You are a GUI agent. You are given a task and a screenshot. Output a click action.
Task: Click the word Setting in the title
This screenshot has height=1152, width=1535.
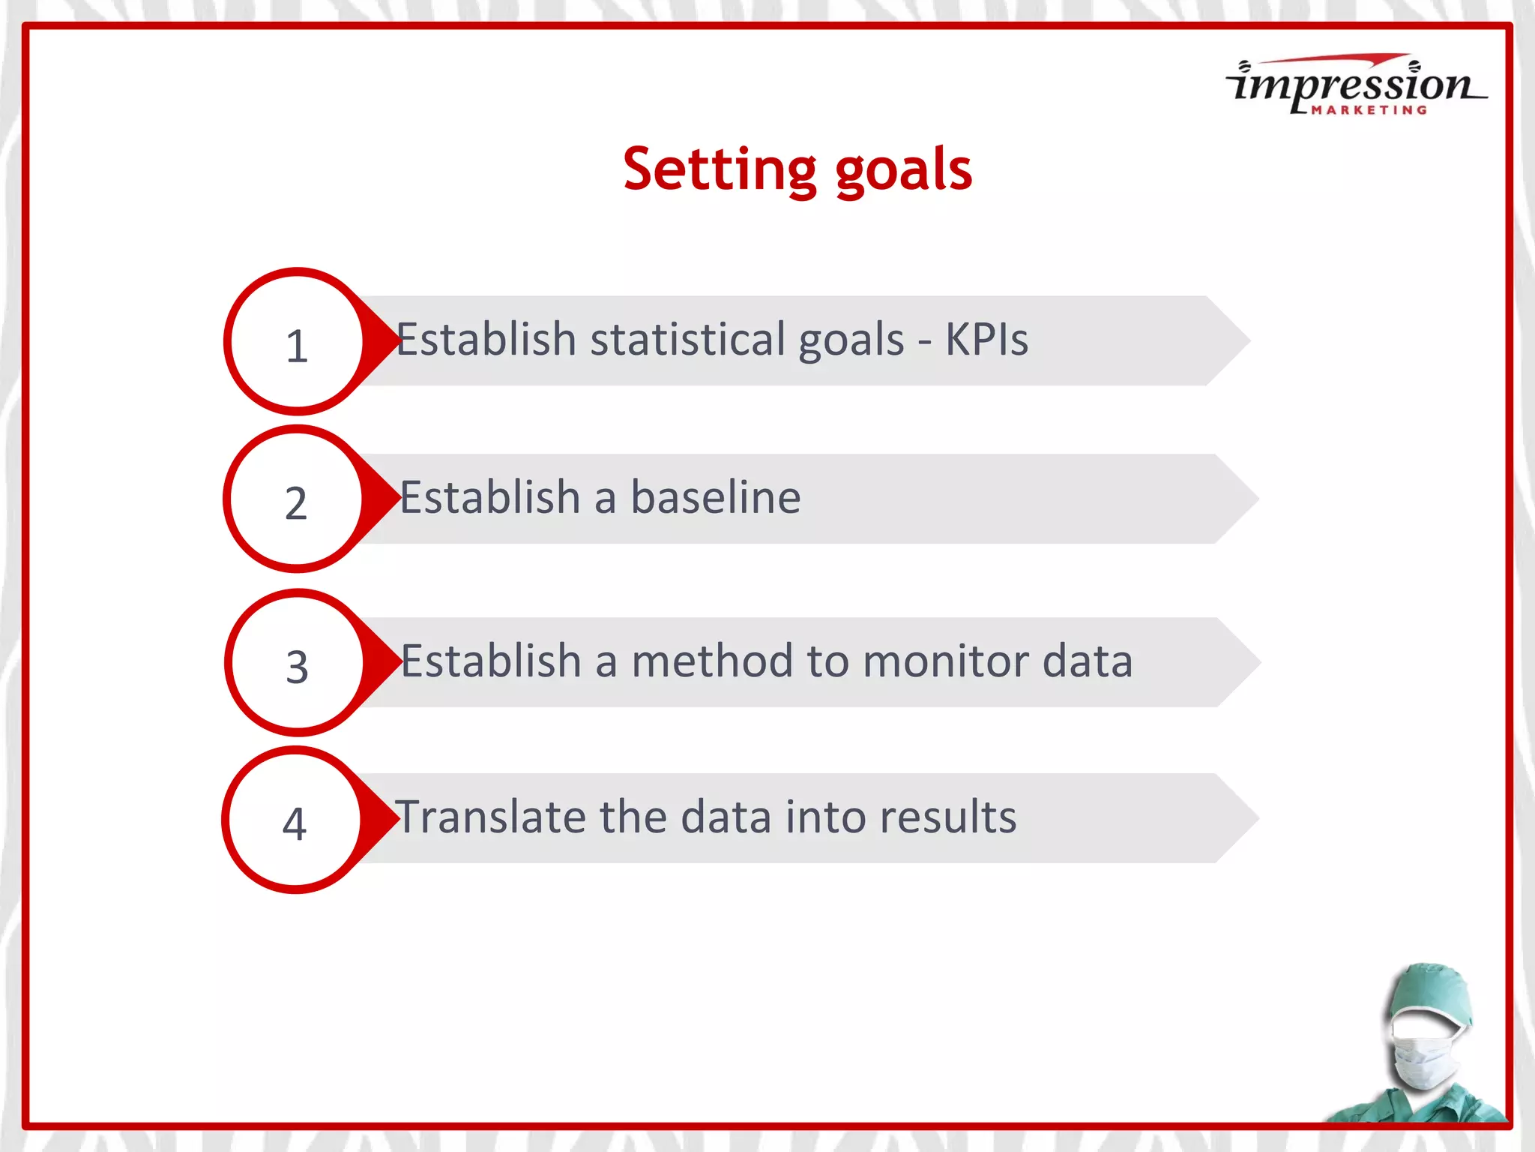pos(720,169)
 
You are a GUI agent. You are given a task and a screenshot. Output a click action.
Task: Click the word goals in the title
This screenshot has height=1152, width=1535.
pos(903,171)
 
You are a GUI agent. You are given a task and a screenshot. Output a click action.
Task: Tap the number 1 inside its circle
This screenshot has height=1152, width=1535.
pos(297,346)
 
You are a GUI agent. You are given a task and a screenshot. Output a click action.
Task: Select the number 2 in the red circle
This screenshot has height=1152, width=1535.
pos(296,503)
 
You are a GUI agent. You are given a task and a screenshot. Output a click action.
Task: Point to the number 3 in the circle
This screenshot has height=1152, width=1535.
pos(298,667)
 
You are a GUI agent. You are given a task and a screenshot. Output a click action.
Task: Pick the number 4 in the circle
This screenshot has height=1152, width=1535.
pos(295,823)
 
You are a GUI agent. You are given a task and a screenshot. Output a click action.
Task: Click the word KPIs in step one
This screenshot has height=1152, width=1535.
pos(986,340)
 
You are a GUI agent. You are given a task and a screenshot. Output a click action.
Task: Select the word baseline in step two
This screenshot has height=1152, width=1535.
pos(715,497)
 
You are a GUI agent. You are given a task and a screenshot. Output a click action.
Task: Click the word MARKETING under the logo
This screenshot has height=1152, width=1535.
pos(1369,110)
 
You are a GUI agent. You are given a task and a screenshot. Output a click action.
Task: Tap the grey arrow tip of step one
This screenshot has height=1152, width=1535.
pos(1229,340)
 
